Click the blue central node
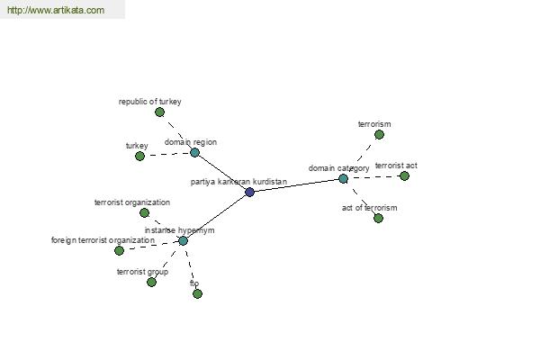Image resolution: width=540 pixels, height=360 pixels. (x=249, y=192)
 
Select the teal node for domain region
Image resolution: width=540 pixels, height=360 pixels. (x=194, y=152)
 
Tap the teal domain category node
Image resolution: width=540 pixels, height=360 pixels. (x=343, y=178)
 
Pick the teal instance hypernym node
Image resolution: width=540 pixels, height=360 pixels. (x=183, y=240)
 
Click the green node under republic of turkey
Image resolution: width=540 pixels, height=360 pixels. (x=159, y=112)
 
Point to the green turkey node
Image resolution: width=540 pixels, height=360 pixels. (x=139, y=156)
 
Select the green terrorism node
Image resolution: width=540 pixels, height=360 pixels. (x=379, y=134)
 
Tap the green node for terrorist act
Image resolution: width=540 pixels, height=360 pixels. (x=404, y=176)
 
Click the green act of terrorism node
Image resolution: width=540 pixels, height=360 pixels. (x=378, y=218)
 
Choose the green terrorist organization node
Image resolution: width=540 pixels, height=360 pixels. (x=144, y=212)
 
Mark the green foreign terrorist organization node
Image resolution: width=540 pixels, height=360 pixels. (x=119, y=250)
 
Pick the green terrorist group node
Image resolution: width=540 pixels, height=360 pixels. (x=151, y=282)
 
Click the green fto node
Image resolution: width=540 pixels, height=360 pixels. (x=197, y=293)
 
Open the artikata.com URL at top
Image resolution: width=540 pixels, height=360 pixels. (x=56, y=10)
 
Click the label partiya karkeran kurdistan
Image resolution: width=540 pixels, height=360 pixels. (x=238, y=182)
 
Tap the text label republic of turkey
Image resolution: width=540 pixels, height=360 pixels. (x=149, y=102)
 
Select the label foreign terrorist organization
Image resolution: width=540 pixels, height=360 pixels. (x=103, y=240)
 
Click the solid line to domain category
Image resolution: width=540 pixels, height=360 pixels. (x=296, y=185)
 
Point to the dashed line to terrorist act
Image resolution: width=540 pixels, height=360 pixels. (x=373, y=177)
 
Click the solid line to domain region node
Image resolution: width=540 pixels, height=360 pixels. (x=222, y=172)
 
